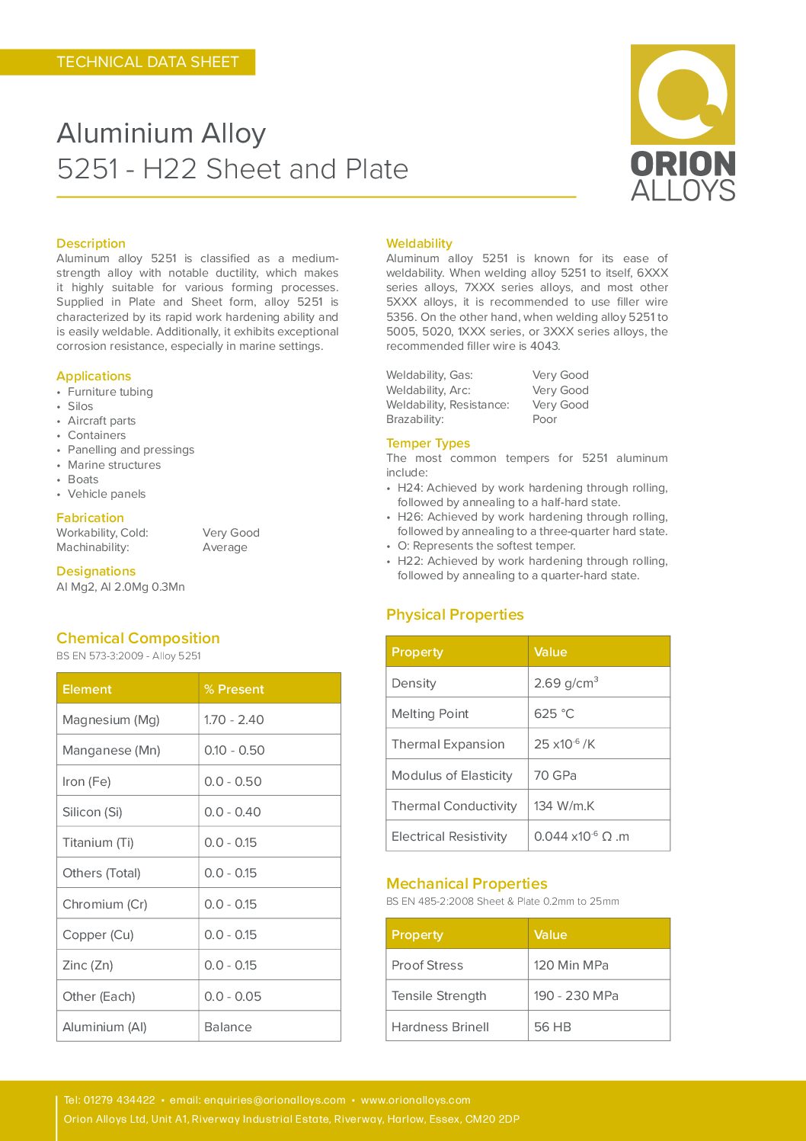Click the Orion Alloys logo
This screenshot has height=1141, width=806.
pos(683,122)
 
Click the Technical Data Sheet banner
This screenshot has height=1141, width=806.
pos(148,62)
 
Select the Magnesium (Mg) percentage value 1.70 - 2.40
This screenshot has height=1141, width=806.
pos(234,720)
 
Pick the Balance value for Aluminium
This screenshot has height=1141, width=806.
pos(228,1027)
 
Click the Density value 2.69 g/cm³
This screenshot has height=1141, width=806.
pos(566,683)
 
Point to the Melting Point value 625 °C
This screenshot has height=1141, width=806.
pos(554,713)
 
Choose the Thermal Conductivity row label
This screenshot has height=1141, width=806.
pos(454,806)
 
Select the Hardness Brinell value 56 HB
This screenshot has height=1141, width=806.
pos(552,1027)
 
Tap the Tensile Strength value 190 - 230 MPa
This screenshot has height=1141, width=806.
pos(576,995)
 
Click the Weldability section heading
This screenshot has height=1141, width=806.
pos(419,243)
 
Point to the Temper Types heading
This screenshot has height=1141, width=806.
pos(428,443)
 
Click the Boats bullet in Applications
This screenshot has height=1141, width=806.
pos(83,479)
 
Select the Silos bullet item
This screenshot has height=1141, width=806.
pos(80,406)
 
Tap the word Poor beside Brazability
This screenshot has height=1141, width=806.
pos(545,419)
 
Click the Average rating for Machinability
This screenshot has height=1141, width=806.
pos(225,547)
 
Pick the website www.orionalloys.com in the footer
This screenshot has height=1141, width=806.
pos(416,1100)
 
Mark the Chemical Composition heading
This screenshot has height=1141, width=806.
pos(138,638)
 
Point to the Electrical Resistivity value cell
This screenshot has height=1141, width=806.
pos(581,836)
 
